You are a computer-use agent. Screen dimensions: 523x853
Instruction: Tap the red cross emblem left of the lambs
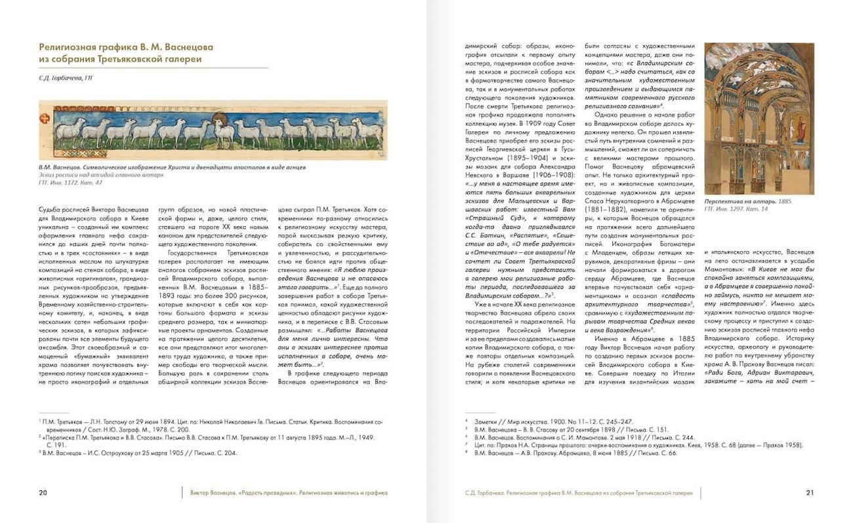(x=45, y=120)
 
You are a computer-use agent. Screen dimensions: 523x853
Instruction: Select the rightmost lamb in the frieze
(x=367, y=132)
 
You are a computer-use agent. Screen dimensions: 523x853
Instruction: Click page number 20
(x=43, y=493)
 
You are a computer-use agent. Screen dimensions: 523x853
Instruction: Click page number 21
(x=810, y=493)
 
